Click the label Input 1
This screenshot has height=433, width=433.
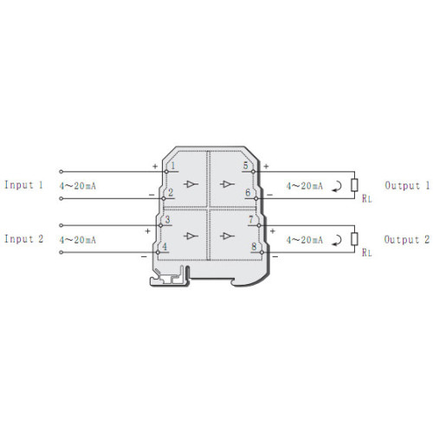coord(23,185)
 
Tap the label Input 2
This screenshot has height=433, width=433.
coord(23,239)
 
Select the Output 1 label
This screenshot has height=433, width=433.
coord(407,185)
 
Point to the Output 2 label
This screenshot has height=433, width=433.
coord(407,240)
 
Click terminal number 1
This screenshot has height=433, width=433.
coord(173,166)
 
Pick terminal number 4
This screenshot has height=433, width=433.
coord(165,247)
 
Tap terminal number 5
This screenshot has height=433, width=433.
coord(245,165)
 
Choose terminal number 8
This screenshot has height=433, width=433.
coord(254,247)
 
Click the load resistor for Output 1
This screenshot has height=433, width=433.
coord(354,185)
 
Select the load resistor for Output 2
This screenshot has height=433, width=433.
coord(354,239)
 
